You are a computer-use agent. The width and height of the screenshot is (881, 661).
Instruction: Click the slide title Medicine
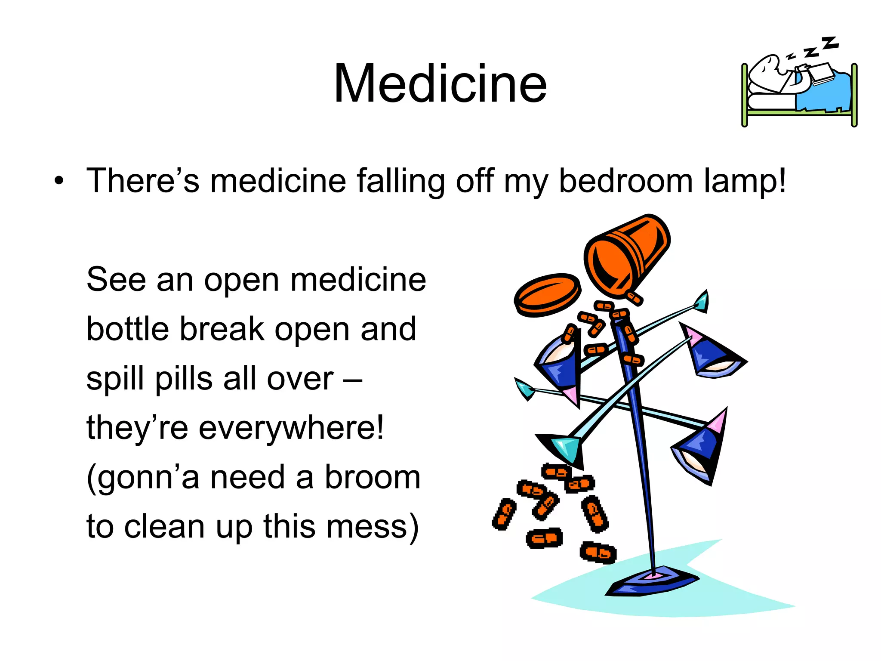pos(440,84)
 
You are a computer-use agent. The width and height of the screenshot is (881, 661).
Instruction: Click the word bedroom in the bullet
pos(625,181)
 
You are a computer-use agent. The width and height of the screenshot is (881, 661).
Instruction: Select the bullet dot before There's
pos(59,181)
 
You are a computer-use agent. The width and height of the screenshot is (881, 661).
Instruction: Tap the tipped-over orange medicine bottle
pos(626,254)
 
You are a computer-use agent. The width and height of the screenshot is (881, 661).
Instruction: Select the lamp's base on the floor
pos(652,583)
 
